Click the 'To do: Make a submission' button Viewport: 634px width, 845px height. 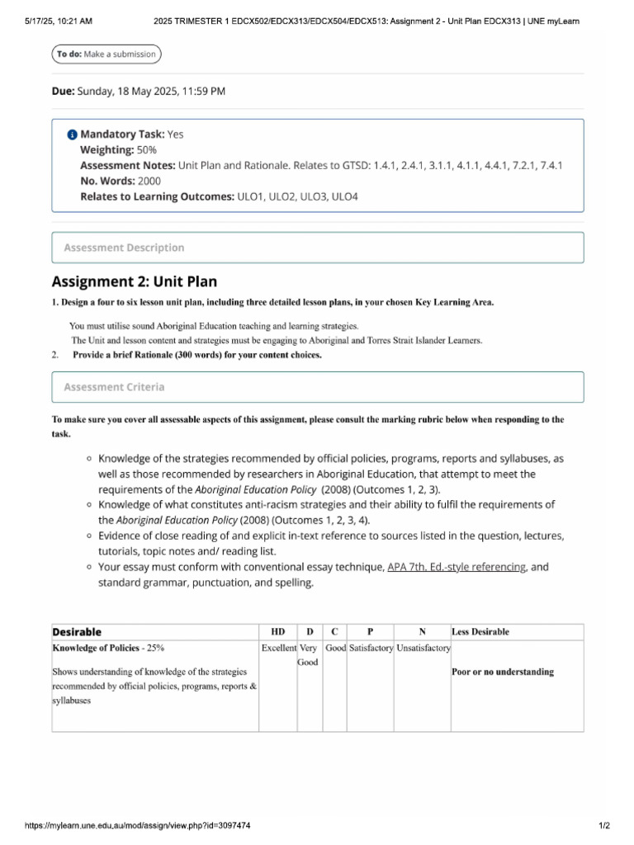(106, 54)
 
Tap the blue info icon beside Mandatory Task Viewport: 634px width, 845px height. (72, 135)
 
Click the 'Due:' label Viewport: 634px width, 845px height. (63, 92)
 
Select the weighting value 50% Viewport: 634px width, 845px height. (147, 150)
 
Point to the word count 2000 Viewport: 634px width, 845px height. (149, 181)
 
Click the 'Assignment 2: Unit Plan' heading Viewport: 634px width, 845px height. (135, 282)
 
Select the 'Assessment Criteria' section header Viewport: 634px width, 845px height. (114, 387)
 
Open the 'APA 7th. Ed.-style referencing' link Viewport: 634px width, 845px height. (457, 568)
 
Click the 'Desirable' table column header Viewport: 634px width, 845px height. (78, 632)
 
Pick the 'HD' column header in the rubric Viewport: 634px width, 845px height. (278, 632)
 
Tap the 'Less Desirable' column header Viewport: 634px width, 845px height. (480, 632)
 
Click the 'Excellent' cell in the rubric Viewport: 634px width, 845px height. (279, 649)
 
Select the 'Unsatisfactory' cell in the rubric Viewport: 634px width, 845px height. (423, 649)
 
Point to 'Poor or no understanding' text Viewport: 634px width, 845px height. (503, 672)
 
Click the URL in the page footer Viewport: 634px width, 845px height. (138, 825)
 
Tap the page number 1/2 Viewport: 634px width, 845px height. (603, 825)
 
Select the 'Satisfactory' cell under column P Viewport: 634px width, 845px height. (371, 649)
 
